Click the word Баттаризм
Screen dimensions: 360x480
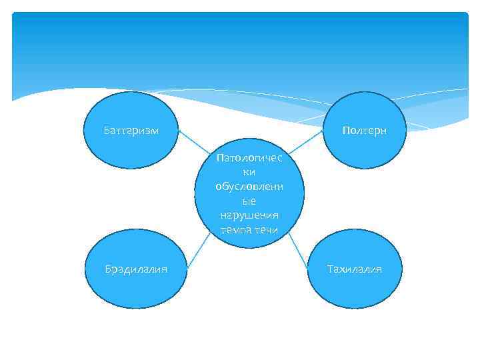131,130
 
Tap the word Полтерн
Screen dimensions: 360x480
364,130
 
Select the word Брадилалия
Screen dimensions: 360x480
135,269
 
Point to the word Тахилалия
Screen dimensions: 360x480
354,269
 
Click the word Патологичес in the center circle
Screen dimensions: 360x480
249,158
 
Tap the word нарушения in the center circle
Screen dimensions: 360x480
249,215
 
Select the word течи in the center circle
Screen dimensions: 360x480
265,230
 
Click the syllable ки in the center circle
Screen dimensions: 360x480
249,172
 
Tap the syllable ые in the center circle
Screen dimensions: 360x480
249,201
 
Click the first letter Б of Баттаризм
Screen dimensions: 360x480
107,130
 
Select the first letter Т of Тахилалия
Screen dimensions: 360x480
329,269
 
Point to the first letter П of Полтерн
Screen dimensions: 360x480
345,130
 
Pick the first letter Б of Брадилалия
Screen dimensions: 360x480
107,269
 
